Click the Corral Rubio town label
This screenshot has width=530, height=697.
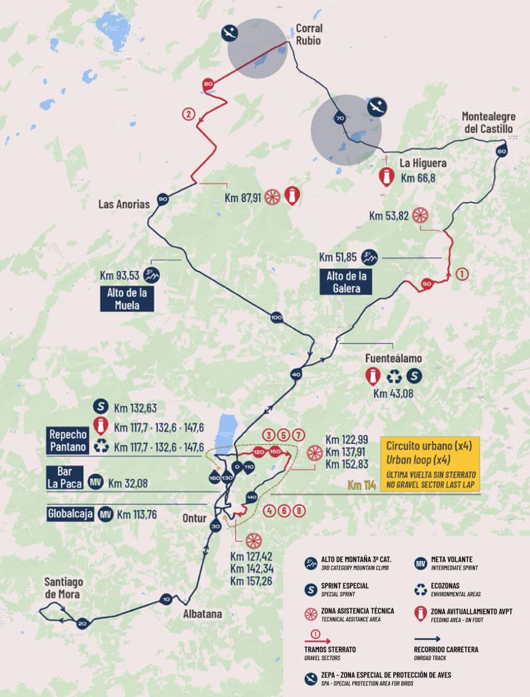[308, 34]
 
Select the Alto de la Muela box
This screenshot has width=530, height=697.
[127, 298]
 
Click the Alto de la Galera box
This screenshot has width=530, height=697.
[346, 282]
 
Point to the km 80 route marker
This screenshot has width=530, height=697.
[208, 84]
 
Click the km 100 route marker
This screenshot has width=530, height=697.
[276, 317]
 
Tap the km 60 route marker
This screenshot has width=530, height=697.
[501, 151]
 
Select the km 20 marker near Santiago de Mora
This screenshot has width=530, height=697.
[82, 623]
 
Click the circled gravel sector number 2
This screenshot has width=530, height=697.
[188, 114]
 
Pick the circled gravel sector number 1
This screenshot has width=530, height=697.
[461, 274]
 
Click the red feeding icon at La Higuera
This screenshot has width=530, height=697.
[386, 178]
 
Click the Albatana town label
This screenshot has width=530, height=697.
[203, 614]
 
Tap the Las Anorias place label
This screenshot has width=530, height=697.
[124, 204]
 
